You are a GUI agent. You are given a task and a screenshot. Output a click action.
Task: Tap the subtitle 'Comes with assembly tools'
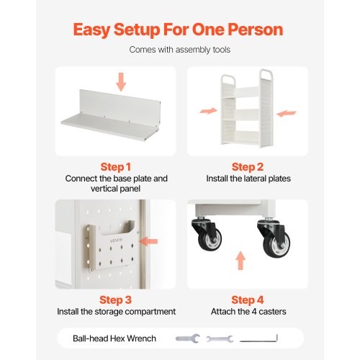[x=180, y=50]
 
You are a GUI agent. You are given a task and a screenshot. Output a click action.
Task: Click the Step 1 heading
[x=116, y=167]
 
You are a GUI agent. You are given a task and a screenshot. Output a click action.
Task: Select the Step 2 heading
[x=248, y=167]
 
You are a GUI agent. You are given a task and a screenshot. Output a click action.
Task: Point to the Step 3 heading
[x=116, y=300]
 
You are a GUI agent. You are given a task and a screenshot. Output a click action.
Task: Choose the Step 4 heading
[x=248, y=300]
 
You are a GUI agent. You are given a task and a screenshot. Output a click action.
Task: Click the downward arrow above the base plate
[x=121, y=82]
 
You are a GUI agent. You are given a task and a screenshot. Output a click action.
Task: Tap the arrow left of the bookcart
[x=208, y=111]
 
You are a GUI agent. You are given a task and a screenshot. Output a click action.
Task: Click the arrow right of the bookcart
[x=287, y=113]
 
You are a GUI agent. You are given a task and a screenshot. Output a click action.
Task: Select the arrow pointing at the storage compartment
[x=149, y=241]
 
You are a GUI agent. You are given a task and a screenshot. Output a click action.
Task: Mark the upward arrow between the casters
[x=240, y=261]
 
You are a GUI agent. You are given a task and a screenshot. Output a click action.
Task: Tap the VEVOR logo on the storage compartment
[x=117, y=240]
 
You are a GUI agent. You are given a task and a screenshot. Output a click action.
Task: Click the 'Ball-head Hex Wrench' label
[x=114, y=338]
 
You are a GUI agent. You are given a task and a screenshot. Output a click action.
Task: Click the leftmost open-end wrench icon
[x=188, y=338]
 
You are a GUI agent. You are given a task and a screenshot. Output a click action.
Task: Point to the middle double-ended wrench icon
[x=220, y=339]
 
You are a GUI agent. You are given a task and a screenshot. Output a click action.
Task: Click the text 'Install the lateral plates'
[x=248, y=179]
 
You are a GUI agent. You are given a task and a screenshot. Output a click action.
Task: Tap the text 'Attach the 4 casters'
[x=248, y=312]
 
